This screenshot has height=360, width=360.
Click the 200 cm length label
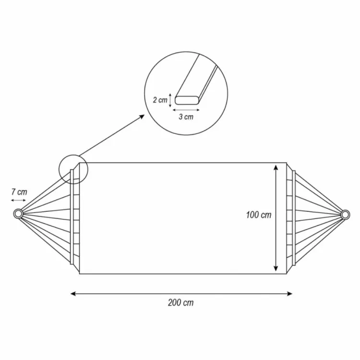(x=180, y=302)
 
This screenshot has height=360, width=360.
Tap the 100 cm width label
(x=259, y=215)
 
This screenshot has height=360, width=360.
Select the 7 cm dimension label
(x=19, y=192)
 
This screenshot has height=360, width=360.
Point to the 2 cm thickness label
(x=160, y=100)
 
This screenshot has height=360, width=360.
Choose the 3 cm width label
(x=186, y=117)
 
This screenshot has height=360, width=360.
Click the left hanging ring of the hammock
(x=18, y=214)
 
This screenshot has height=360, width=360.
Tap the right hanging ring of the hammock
(x=345, y=215)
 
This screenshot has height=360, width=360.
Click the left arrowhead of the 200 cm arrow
(x=73, y=294)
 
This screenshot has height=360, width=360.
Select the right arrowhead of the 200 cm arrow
(x=289, y=294)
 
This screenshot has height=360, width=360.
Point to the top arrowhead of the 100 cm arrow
(x=276, y=168)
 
